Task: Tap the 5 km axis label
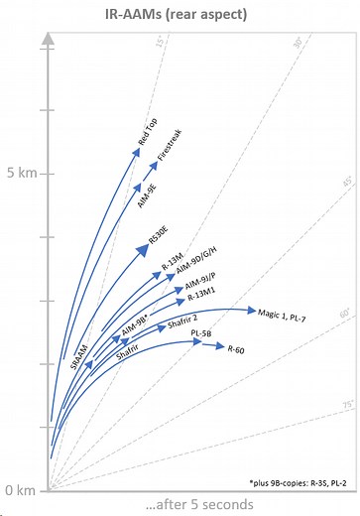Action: tap(19, 173)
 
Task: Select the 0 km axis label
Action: tap(19, 490)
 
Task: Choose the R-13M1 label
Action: tap(202, 293)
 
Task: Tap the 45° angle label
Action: tap(346, 184)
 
